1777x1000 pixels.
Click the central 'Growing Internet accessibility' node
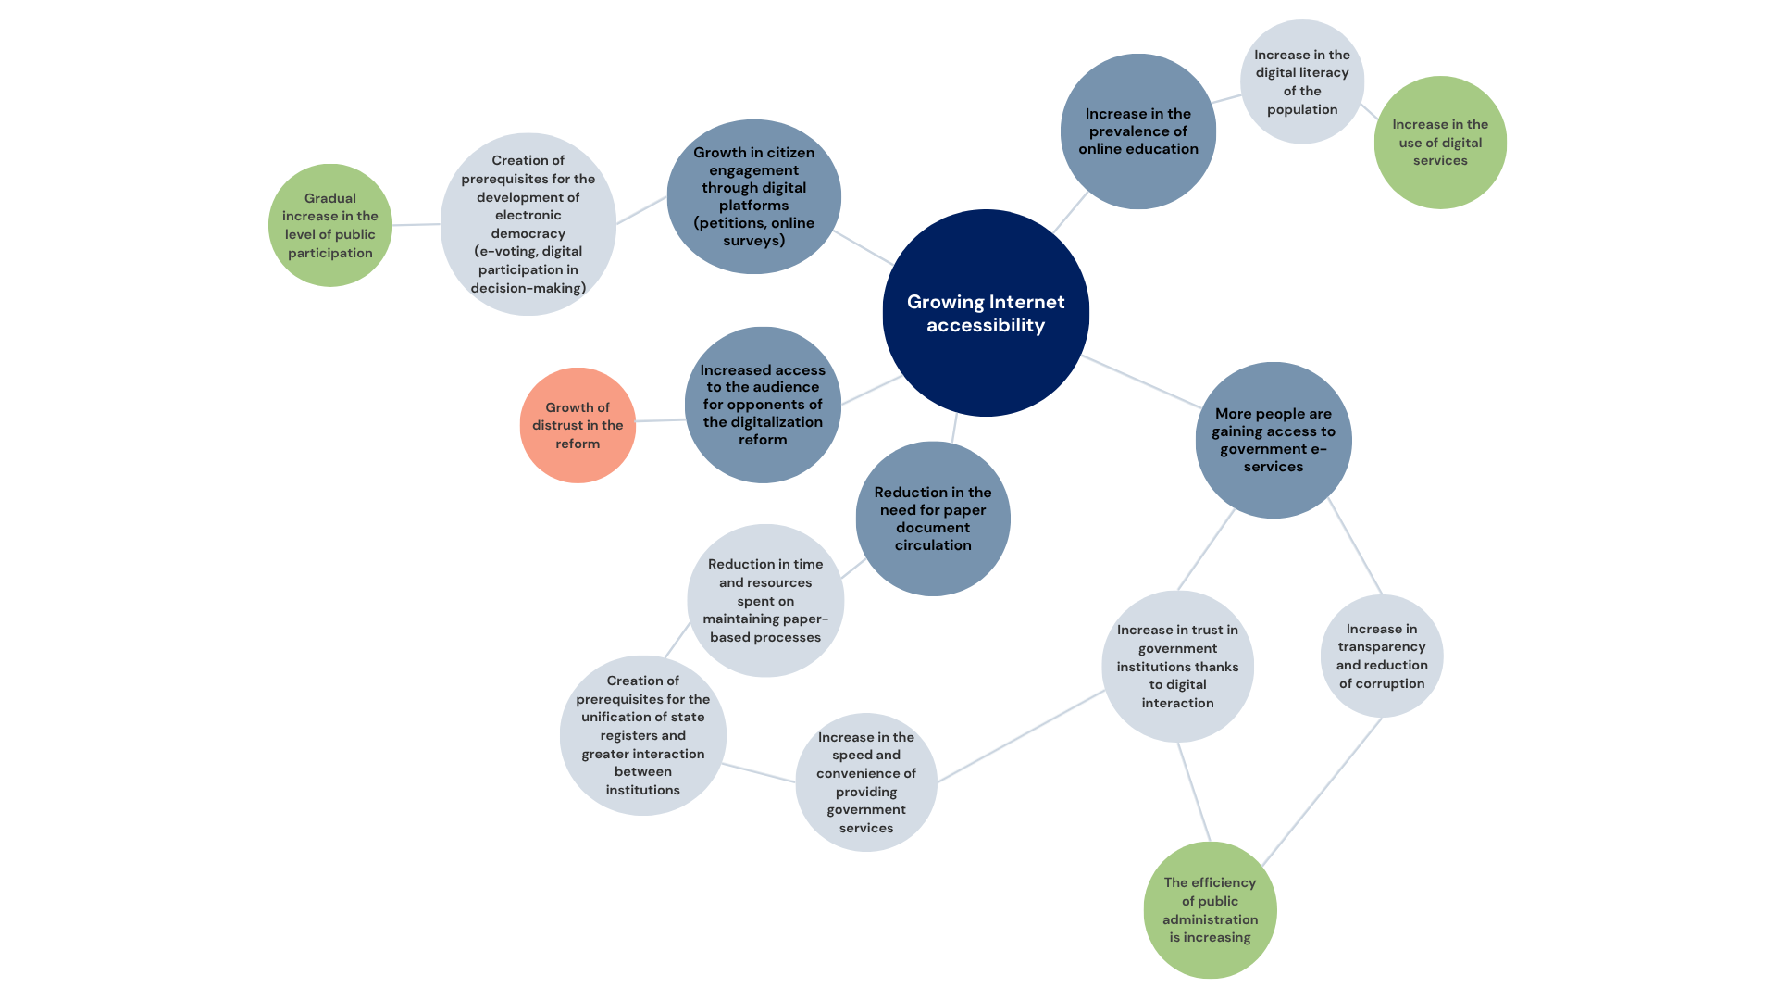point(986,313)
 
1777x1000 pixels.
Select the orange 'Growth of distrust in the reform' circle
point(578,425)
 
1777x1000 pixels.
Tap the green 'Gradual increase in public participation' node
point(330,225)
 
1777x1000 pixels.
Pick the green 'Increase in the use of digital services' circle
point(1440,142)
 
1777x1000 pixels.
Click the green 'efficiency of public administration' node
point(1210,909)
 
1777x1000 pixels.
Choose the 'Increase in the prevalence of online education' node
point(1138,131)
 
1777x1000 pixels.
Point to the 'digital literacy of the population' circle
point(1302,81)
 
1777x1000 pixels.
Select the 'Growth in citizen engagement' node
point(753,196)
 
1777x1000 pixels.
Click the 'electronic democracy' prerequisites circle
point(528,224)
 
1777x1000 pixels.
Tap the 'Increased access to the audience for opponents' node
point(763,405)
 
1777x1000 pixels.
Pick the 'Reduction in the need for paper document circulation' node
point(933,519)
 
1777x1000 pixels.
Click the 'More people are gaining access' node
point(1274,440)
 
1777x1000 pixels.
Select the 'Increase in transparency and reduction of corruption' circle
point(1382,656)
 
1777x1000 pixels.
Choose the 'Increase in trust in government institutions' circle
point(1177,666)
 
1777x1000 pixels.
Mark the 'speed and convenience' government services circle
point(866,781)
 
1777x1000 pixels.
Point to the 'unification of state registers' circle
point(643,735)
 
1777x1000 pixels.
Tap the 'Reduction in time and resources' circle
point(765,600)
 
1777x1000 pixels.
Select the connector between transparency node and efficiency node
point(1322,793)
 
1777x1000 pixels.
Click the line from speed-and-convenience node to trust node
point(1021,736)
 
